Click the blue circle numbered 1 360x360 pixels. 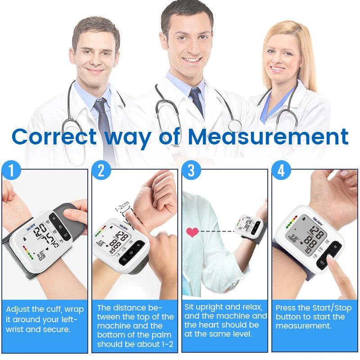(x=12, y=170)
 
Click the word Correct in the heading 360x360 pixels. (x=54, y=136)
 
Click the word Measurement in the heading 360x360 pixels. (x=268, y=136)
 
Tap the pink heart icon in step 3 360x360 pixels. (x=193, y=232)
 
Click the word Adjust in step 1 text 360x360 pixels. (x=18, y=310)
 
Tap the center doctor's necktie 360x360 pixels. (x=196, y=102)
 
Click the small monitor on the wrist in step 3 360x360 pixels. (x=248, y=225)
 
